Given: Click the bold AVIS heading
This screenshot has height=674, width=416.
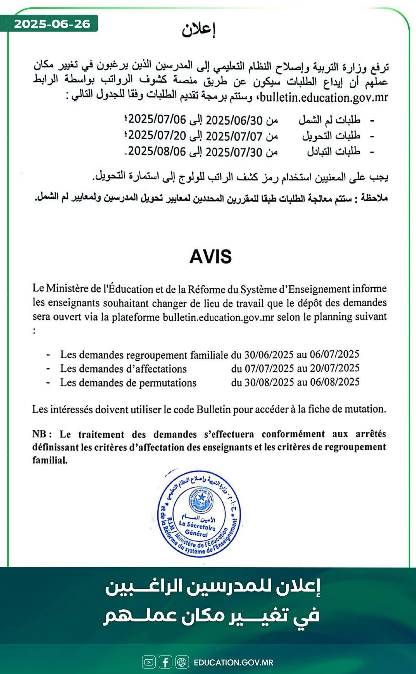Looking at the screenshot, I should click(210, 257).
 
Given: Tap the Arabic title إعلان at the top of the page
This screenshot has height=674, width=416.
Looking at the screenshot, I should click(198, 30).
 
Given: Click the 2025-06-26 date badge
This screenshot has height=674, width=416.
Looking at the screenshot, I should click(52, 24).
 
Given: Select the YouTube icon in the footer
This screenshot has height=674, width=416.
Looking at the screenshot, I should click(148, 662).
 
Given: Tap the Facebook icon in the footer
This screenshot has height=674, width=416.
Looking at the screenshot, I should click(165, 662).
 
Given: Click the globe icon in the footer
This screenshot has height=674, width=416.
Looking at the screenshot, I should click(182, 662).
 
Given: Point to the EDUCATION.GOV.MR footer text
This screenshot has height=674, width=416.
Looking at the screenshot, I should click(233, 662).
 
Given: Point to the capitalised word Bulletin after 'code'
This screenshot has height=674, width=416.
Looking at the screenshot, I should click(213, 409).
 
